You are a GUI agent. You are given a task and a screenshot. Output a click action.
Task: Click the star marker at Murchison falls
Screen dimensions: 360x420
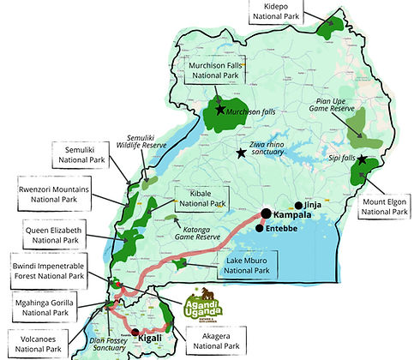[x=220, y=110]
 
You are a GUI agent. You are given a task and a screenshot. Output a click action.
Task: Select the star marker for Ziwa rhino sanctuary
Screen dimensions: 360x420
[x=241, y=153]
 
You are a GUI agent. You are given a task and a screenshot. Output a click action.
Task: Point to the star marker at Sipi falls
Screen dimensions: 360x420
[x=363, y=159]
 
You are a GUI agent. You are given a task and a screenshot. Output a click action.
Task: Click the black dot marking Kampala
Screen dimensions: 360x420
[x=266, y=214]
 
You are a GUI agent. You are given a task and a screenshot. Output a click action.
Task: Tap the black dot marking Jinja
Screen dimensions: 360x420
[x=298, y=206]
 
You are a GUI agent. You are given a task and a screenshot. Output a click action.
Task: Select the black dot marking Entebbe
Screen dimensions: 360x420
[x=259, y=228]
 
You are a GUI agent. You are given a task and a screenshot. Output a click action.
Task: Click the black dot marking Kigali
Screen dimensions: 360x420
[x=135, y=331]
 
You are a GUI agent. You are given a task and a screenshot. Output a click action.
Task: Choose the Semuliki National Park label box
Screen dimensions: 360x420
[x=35, y=158]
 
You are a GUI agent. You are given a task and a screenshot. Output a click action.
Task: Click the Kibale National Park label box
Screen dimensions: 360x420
[x=201, y=197]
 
